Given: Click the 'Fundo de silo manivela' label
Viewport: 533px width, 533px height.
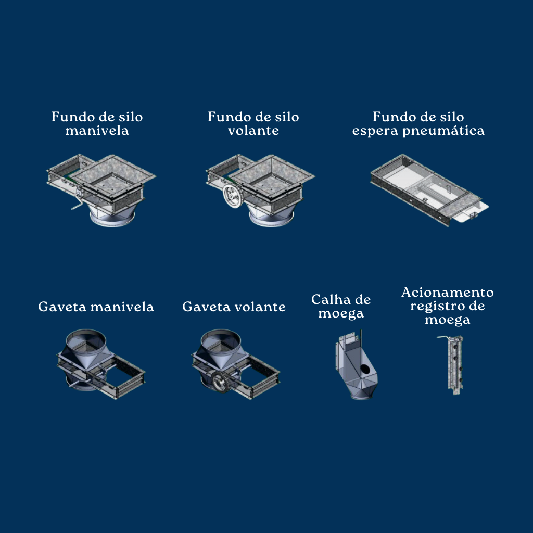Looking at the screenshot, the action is tap(97, 124).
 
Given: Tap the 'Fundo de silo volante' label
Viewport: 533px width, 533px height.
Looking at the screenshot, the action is tap(253, 124).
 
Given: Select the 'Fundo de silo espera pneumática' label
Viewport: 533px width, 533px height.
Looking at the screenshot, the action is tap(418, 124).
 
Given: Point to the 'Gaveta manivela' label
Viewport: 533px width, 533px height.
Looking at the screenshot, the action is tap(96, 307).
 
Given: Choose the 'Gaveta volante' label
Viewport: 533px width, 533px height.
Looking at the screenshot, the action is tap(234, 307).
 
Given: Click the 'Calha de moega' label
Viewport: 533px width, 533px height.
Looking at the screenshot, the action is tap(341, 307).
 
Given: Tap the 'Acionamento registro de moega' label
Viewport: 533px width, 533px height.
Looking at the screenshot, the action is tap(448, 306).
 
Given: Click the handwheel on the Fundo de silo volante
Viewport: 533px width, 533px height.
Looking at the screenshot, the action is tap(232, 196).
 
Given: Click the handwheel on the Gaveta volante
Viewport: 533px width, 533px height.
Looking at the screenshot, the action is tap(219, 383).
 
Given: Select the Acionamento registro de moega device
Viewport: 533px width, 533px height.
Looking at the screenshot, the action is tap(451, 365).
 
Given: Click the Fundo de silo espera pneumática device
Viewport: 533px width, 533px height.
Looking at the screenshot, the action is tap(429, 190).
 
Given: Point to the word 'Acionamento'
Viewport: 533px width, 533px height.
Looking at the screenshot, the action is tap(448, 293).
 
